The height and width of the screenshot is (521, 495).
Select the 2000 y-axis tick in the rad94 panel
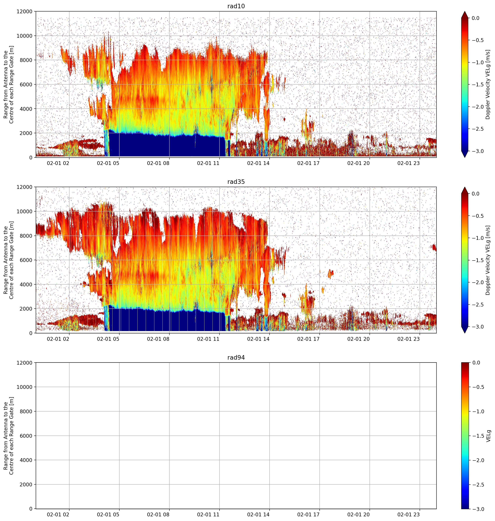click(x=26, y=484)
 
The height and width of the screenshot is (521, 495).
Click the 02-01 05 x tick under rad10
click(x=108, y=163)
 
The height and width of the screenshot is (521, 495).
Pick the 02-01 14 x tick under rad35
click(x=258, y=339)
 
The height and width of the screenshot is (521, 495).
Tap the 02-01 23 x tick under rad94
click(x=408, y=514)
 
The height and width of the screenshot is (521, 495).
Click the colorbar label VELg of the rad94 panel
click(x=488, y=436)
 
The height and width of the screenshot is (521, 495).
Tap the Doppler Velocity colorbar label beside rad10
click(x=488, y=84)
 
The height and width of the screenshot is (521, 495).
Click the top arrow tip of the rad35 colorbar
click(x=465, y=187)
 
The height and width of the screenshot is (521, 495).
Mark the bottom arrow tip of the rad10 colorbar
click(x=465, y=157)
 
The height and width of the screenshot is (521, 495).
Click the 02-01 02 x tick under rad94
click(x=58, y=514)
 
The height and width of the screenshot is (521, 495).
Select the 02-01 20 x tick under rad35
click(x=358, y=339)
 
